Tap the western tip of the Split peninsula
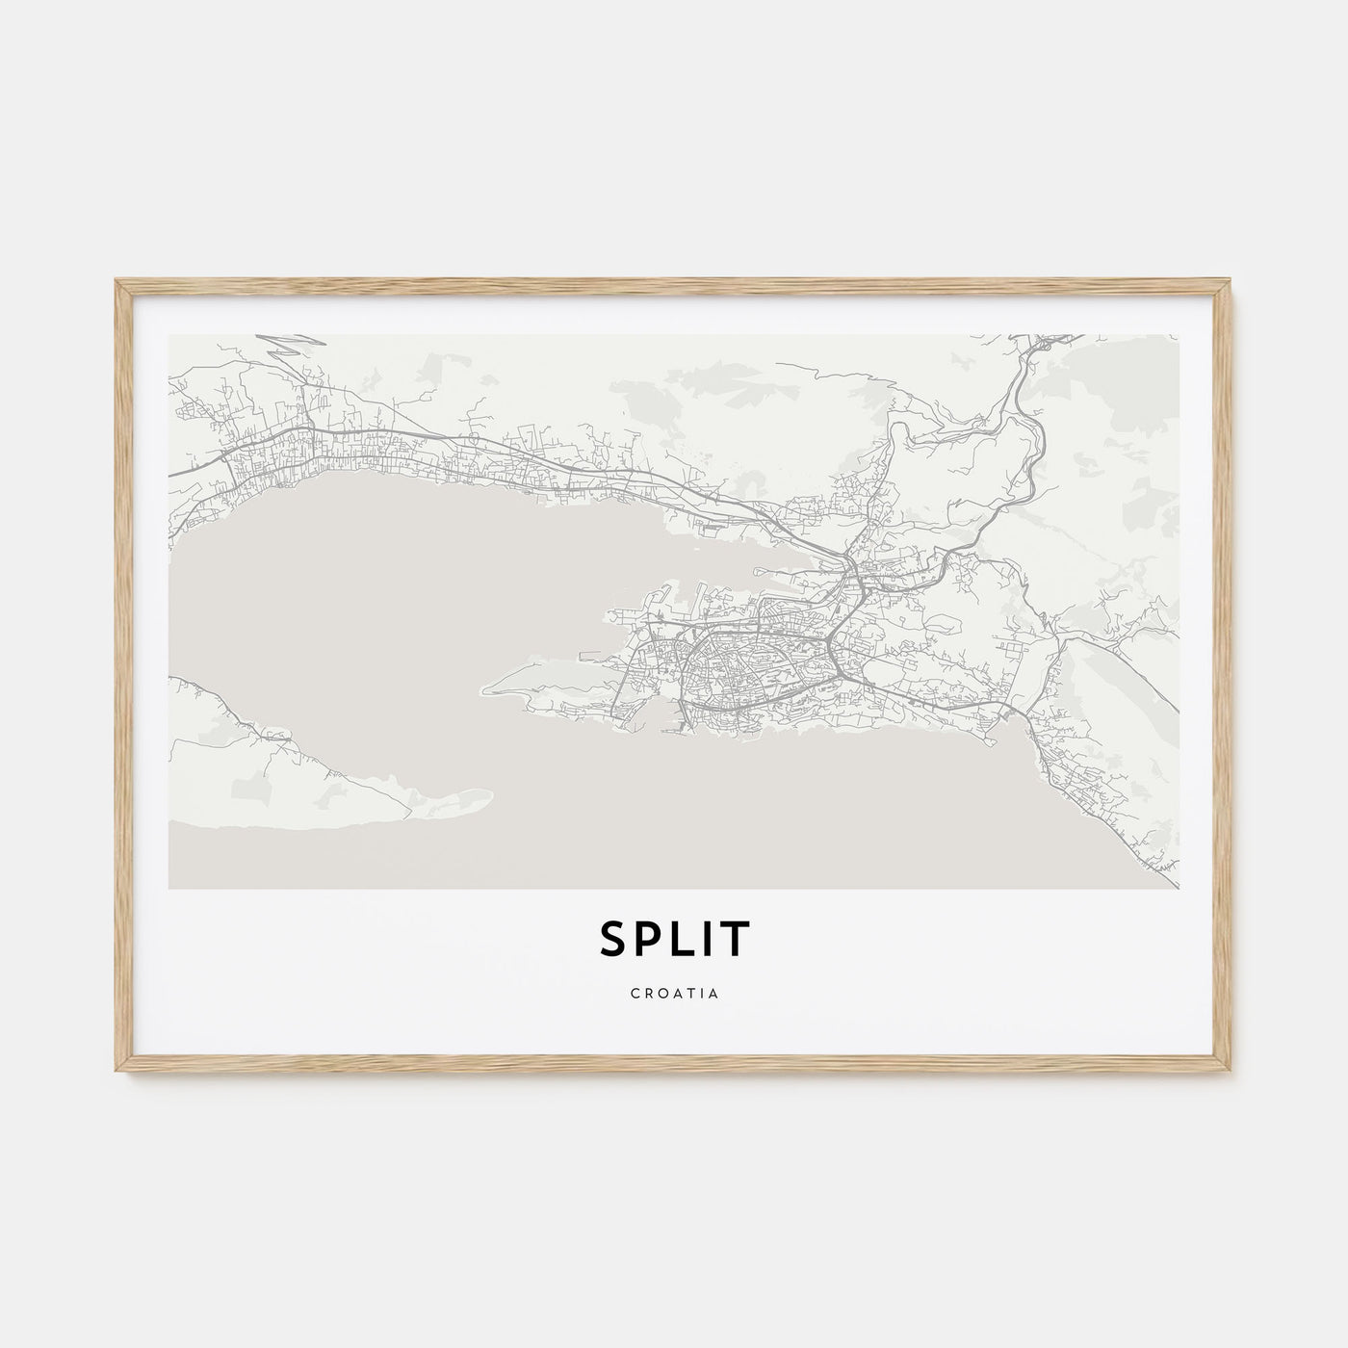(485, 690)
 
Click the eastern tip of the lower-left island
(489, 795)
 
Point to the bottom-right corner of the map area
(1178, 888)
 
